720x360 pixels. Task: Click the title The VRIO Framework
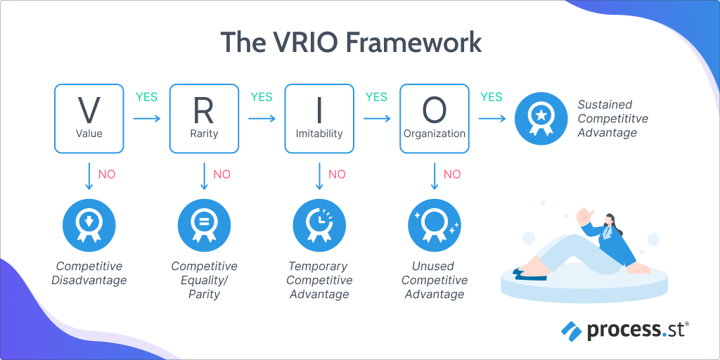tap(351, 42)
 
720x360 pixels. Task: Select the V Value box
tap(89, 119)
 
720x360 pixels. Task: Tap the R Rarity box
tap(204, 119)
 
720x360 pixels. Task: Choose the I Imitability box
tap(319, 119)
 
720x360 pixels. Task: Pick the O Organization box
tap(434, 119)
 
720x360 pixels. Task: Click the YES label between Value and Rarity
tap(146, 97)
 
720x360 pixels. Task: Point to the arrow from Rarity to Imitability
tap(262, 119)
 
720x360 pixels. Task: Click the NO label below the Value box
tap(107, 174)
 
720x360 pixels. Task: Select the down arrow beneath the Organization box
tap(435, 176)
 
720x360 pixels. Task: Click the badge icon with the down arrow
tap(89, 225)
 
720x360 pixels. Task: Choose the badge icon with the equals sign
tap(204, 225)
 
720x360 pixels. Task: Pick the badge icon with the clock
tap(319, 225)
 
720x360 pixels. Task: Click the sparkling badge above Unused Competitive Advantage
tap(435, 225)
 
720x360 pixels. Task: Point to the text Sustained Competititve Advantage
tap(612, 119)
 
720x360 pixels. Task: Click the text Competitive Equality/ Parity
tap(204, 280)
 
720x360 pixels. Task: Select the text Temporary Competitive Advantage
tap(319, 280)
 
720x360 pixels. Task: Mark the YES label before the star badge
tap(491, 97)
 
